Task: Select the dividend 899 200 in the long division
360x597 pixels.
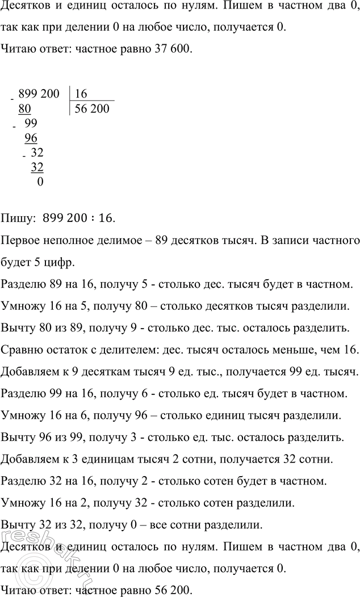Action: click(39, 94)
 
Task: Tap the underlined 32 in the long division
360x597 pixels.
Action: click(37, 167)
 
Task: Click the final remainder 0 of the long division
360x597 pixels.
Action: click(39, 182)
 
